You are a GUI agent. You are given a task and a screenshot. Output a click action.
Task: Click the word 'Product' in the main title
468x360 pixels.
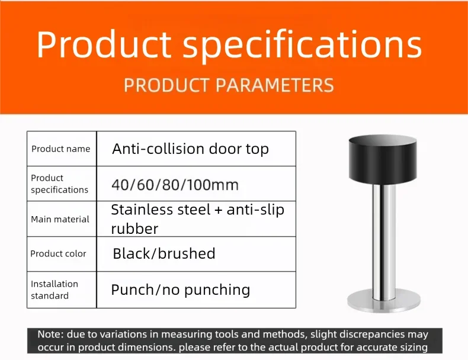[104, 44]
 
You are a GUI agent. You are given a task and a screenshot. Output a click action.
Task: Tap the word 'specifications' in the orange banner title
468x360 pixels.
[302, 46]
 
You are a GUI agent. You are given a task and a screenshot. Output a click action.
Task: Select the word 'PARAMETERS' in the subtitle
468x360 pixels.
[274, 85]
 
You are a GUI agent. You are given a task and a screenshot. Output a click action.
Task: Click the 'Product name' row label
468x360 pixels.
[61, 149]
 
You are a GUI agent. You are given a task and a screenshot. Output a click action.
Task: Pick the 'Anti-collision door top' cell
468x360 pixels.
[190, 149]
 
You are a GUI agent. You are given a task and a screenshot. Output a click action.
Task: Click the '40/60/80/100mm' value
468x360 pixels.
[175, 185]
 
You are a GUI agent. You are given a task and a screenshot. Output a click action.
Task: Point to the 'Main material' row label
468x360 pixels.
[60, 219]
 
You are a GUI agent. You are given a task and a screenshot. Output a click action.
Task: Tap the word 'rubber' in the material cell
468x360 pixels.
[134, 229]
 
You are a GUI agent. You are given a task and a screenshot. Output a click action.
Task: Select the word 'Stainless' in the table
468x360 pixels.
[142, 210]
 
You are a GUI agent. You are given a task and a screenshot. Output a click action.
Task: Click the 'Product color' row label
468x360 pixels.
[58, 253]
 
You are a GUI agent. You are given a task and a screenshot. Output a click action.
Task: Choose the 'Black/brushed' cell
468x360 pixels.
[164, 253]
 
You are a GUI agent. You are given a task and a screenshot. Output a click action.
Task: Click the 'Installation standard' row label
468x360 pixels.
[55, 290]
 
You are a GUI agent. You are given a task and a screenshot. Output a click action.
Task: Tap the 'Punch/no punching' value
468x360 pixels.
[180, 290]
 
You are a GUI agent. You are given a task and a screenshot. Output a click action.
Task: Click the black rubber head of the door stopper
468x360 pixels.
[383, 159]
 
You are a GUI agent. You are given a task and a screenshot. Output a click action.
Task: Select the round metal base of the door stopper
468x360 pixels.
[384, 301]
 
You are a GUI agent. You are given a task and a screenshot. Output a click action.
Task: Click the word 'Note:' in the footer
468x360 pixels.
[50, 335]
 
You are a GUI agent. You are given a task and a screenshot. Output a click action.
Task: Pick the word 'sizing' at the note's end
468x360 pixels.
[414, 348]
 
